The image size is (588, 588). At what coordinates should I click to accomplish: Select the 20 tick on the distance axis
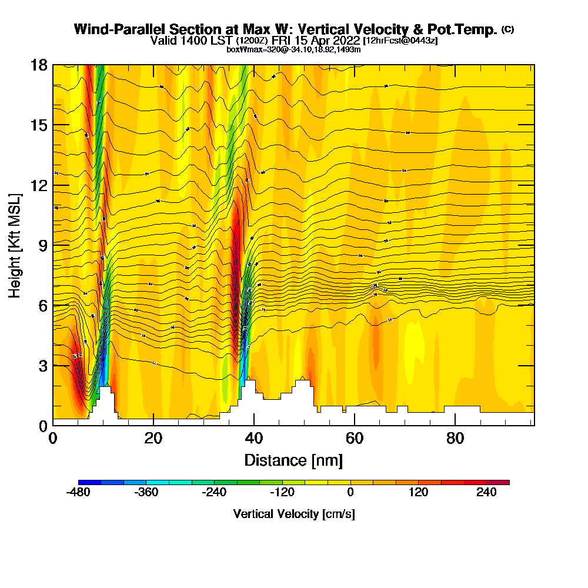[x=153, y=439]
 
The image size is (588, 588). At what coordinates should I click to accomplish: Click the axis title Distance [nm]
[x=293, y=460]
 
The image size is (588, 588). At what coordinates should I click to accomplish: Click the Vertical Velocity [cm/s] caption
[x=293, y=514]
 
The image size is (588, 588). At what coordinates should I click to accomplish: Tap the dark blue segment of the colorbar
[x=89, y=482]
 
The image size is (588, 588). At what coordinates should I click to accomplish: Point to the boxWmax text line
[x=293, y=49]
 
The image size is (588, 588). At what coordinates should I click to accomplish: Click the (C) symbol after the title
[x=508, y=29]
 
